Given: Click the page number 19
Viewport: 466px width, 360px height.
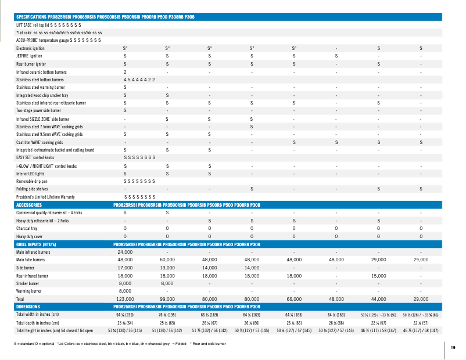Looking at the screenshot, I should point(453,347).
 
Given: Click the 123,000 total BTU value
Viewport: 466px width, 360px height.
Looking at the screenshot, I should point(125,298).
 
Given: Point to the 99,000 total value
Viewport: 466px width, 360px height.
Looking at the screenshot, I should point(167,298).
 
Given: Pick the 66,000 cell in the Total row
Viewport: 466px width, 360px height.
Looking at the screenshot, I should point(294,298).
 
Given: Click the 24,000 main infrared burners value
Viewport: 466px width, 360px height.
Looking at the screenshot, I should point(125,253).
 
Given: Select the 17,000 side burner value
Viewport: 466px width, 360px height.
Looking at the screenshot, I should point(125,268).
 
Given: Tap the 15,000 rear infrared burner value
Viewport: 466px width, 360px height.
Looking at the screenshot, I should point(379,275).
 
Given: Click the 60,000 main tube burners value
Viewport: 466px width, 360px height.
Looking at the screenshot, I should point(167,260).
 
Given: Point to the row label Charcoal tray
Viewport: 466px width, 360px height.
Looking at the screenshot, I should point(27,229).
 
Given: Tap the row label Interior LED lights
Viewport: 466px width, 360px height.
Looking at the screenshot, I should point(31,173).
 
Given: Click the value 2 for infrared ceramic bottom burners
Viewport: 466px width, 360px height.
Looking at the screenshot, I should point(125,71).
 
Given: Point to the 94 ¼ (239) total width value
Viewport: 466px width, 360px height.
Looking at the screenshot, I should point(125,314).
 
